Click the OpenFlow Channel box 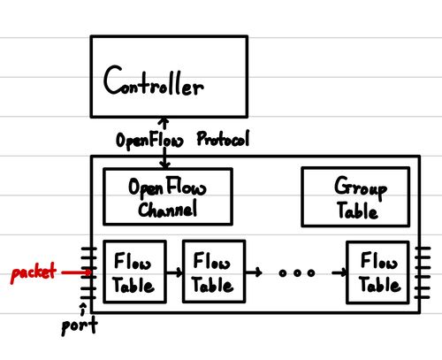(167, 197)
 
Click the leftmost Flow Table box (133, 272)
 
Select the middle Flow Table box (212, 272)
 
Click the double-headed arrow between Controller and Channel (163, 142)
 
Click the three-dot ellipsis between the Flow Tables (296, 273)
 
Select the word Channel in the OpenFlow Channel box (168, 210)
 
